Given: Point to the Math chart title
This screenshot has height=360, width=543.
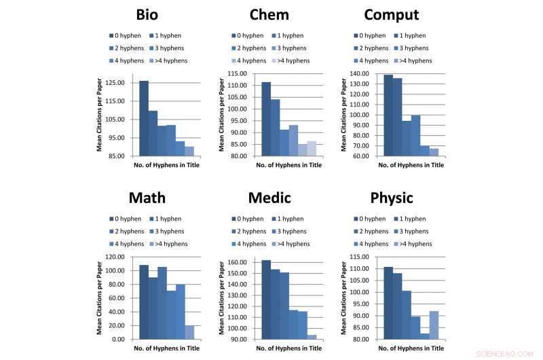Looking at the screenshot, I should click(147, 198).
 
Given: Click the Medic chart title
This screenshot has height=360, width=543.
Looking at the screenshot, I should click(269, 198).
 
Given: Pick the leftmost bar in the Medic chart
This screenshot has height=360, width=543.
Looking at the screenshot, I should click(266, 300).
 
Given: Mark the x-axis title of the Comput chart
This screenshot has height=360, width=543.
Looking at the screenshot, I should click(411, 165).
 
